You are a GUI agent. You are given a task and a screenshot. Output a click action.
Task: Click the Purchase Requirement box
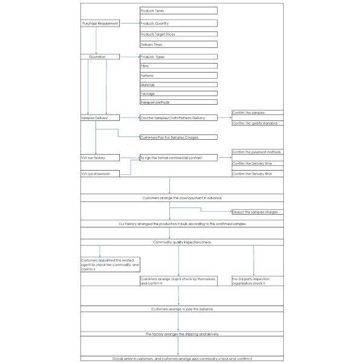(100, 23)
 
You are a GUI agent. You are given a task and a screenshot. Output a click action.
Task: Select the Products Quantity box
(178, 23)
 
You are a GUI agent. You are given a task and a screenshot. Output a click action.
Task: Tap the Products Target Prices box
(178, 34)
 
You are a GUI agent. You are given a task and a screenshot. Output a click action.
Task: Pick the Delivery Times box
(178, 45)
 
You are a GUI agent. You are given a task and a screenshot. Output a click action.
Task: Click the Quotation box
(100, 57)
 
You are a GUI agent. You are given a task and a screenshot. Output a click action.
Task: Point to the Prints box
(178, 65)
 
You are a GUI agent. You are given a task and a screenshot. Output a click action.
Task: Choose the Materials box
(178, 85)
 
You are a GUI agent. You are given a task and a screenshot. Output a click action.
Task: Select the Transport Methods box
(178, 102)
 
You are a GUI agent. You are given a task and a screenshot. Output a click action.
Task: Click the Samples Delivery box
(100, 117)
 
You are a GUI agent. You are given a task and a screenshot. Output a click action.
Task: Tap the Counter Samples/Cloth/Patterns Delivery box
(178, 117)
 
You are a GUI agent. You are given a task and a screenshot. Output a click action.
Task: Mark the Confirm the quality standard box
(257, 123)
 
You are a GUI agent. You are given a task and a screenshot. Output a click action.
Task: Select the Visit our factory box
(100, 157)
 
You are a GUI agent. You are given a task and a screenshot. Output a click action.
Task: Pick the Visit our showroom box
(100, 174)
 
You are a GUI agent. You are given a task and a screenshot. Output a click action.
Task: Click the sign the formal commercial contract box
(178, 157)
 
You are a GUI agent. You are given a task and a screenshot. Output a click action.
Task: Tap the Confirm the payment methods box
(257, 152)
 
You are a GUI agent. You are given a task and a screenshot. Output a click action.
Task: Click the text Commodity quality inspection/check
(181, 242)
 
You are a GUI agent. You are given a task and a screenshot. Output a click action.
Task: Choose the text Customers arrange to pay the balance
(181, 309)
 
